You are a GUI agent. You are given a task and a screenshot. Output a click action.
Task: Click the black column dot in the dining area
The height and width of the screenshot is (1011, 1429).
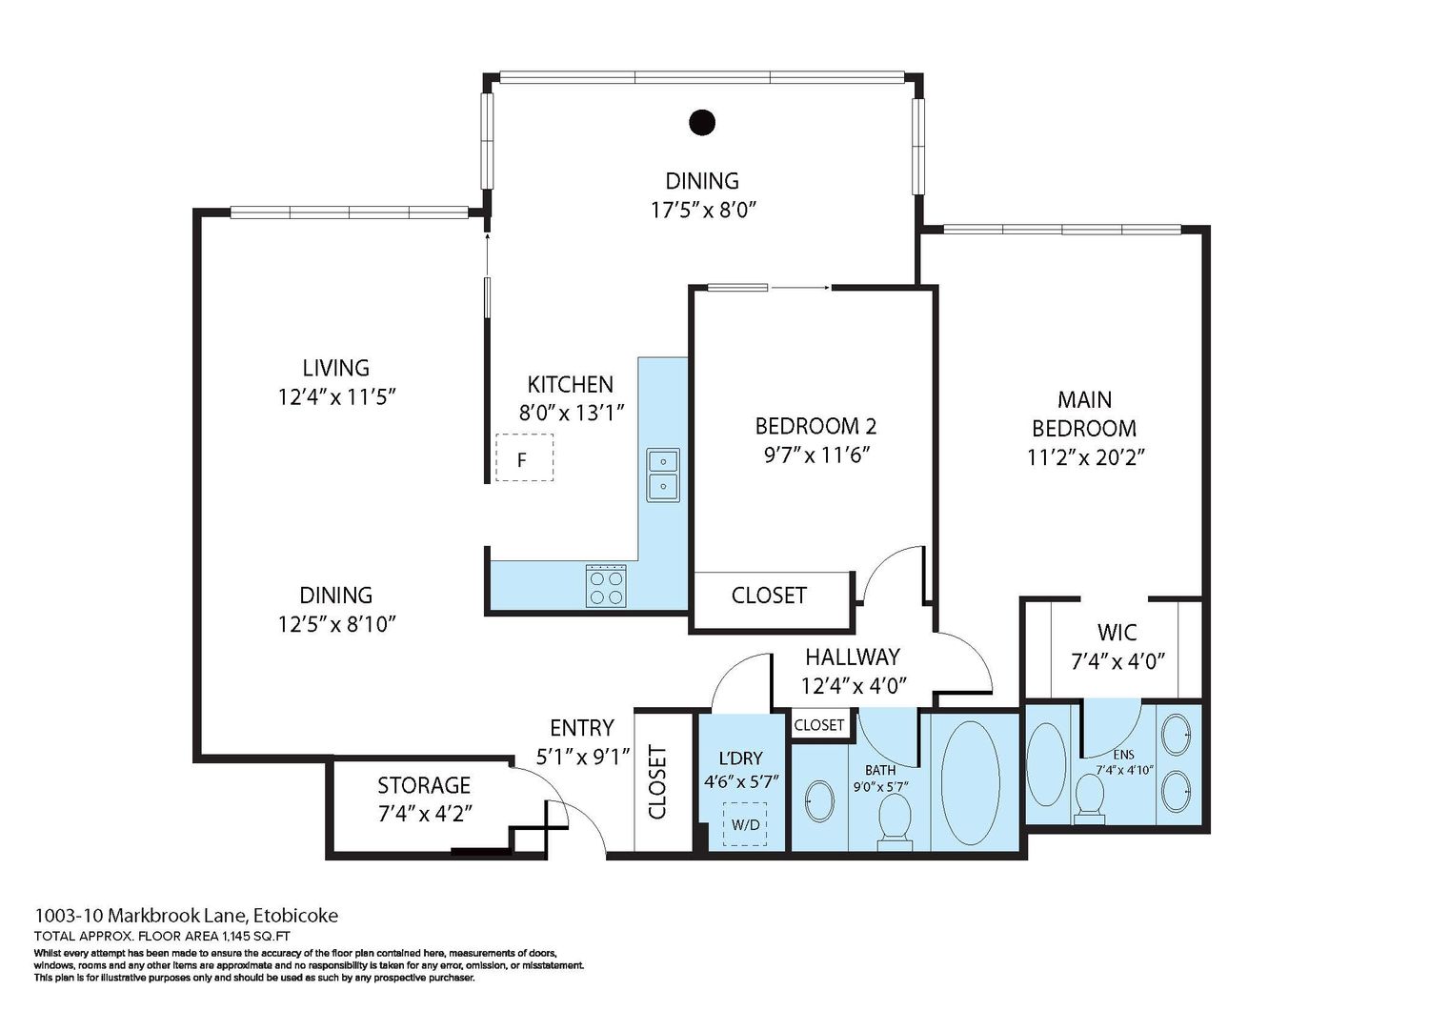coord(702,123)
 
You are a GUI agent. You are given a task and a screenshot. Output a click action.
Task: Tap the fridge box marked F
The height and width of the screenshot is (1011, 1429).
coord(524,457)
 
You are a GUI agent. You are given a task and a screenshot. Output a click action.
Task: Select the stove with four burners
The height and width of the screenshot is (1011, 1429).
coord(605,585)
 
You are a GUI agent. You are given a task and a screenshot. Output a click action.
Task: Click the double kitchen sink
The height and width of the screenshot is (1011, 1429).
coord(663,475)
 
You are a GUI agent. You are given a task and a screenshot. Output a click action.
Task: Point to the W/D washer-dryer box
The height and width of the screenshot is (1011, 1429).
coord(744,824)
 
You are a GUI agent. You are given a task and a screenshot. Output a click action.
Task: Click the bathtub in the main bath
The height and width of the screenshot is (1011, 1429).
coord(971,783)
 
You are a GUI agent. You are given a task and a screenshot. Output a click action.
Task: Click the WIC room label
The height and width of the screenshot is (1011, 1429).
coord(1117,633)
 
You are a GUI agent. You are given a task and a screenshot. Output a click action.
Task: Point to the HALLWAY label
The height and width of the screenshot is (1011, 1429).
coord(853,657)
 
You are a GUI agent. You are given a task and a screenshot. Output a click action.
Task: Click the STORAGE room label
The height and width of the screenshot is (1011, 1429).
coord(424,785)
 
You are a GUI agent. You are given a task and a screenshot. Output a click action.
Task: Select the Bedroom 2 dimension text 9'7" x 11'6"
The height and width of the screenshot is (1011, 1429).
coord(816,455)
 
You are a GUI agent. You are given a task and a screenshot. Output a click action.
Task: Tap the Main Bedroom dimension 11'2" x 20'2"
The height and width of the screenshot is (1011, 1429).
coord(1086,457)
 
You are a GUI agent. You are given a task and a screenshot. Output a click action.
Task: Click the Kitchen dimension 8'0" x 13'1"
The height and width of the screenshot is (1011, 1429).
coord(571,413)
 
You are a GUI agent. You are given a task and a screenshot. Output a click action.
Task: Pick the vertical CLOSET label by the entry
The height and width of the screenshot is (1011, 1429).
coord(657,782)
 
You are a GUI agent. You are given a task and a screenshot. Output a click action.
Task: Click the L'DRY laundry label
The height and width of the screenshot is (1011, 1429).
coord(740,758)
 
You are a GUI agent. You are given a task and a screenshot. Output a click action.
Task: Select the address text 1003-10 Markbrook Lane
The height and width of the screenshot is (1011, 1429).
coord(140,916)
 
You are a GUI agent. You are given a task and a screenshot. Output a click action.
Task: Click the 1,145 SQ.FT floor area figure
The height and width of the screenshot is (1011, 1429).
coord(256,937)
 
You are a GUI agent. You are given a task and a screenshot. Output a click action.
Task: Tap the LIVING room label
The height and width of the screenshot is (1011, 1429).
coord(336,368)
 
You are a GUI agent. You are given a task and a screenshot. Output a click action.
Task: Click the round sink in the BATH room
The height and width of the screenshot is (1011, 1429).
coord(819,801)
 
